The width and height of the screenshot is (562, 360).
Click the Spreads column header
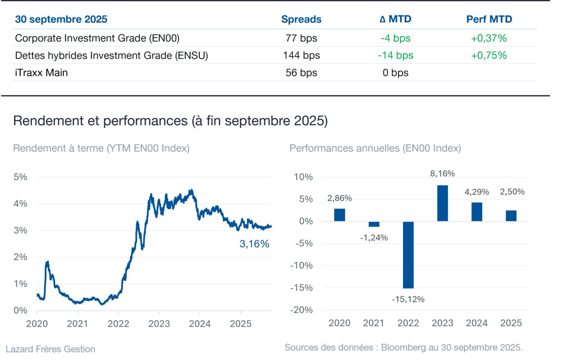pyautogui.click(x=301, y=19)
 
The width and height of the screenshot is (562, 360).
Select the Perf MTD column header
pyautogui.click(x=489, y=19)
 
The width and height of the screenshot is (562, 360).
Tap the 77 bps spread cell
pyautogui.click(x=301, y=38)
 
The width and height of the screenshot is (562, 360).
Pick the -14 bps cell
pyautogui.click(x=396, y=55)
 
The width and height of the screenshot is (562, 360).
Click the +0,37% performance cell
pyautogui.click(x=489, y=38)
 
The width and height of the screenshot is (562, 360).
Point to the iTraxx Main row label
pyautogui.click(x=41, y=72)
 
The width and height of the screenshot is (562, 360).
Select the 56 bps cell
pyautogui.click(x=301, y=72)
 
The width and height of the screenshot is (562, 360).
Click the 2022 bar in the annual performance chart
pyautogui.click(x=408, y=255)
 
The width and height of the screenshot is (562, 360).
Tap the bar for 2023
pyautogui.click(x=443, y=203)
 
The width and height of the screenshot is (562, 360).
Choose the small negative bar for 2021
pyautogui.click(x=374, y=224)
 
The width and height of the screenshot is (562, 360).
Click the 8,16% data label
pyautogui.click(x=442, y=173)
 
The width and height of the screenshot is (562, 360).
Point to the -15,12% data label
pyautogui.click(x=408, y=299)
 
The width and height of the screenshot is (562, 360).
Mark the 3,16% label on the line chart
pyautogui.click(x=254, y=244)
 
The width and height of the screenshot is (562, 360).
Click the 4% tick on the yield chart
pyautogui.click(x=20, y=203)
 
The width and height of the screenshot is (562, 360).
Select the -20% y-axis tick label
pyautogui.click(x=301, y=310)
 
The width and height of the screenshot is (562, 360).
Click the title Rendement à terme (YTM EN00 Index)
pyautogui.click(x=101, y=148)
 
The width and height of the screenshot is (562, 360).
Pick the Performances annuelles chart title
pyautogui.click(x=375, y=148)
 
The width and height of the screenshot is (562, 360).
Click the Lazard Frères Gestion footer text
pyautogui.click(x=50, y=349)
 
